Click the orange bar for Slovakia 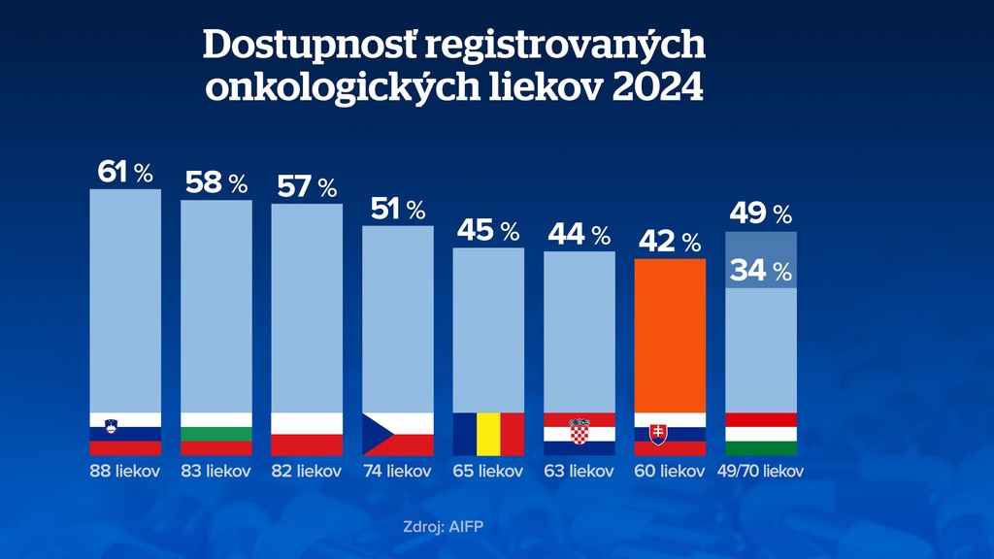[x=670, y=335]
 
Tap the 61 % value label [x=125, y=173]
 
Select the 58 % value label [x=215, y=182]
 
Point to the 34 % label [x=761, y=272]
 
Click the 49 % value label [x=761, y=214]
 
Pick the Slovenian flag [x=125, y=434]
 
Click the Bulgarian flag [x=216, y=434]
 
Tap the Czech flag [x=397, y=434]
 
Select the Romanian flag [x=488, y=434]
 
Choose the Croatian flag [x=580, y=434]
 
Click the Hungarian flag [x=761, y=434]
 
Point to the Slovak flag [x=670, y=434]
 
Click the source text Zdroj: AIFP [x=443, y=527]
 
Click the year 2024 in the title [x=656, y=86]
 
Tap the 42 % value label [x=669, y=241]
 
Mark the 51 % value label [x=398, y=209]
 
